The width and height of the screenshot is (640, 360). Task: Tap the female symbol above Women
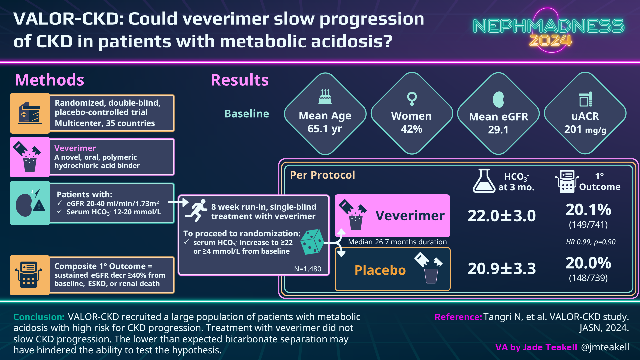(412, 99)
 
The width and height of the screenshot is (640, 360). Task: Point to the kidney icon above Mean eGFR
(498, 99)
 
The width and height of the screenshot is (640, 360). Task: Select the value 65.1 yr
(325, 129)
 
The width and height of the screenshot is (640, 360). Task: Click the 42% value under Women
(412, 129)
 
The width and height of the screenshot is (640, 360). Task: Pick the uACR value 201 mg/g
(585, 129)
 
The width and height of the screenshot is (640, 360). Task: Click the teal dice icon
(312, 242)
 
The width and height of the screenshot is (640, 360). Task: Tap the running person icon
(197, 210)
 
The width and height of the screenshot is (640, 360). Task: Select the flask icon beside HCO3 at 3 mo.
(484, 181)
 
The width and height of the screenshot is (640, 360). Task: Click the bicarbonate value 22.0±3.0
(502, 216)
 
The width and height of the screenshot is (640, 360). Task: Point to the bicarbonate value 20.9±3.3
(502, 269)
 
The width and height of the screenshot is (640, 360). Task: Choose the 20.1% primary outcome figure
(588, 210)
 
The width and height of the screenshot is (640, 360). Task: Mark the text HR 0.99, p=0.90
(591, 242)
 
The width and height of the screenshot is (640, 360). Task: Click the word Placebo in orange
(380, 270)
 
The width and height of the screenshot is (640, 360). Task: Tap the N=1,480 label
(308, 269)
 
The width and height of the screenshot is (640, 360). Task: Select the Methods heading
(50, 80)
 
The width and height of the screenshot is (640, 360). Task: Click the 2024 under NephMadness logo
(550, 41)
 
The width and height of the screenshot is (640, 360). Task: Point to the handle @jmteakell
(605, 347)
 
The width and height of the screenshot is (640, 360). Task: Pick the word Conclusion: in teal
(39, 317)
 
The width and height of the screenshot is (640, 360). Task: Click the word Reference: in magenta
(458, 317)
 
